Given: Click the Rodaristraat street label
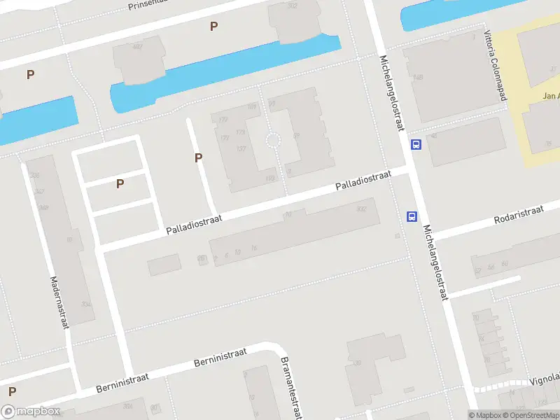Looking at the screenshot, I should [x=519, y=214].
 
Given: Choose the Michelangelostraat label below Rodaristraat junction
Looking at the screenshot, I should [x=435, y=263].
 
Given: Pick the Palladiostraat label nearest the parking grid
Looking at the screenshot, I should [x=194, y=225].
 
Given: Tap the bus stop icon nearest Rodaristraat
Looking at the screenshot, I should [x=412, y=216].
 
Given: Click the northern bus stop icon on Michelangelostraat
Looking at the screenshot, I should [x=416, y=145].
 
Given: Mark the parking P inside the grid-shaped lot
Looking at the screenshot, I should [x=120, y=184].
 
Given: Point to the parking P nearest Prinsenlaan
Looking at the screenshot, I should [x=214, y=27].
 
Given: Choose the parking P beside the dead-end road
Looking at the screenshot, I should [x=198, y=158].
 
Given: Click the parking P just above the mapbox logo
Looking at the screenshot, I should [x=11, y=391].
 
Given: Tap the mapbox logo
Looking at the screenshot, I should [x=30, y=412].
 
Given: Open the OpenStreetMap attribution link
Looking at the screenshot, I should [x=530, y=415].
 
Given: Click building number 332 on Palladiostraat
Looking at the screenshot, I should [x=361, y=209].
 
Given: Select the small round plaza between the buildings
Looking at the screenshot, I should [x=273, y=141].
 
